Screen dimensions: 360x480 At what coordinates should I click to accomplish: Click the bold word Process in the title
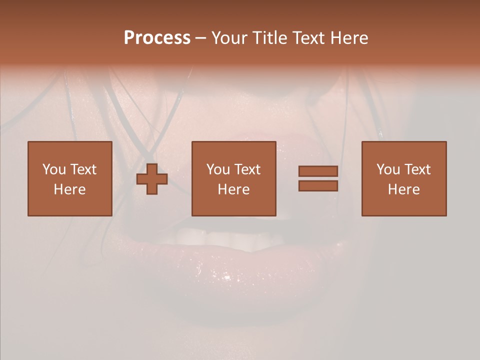click(157, 38)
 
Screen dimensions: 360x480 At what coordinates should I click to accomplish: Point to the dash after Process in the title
click(200, 38)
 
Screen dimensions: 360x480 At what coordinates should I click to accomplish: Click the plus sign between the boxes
click(152, 179)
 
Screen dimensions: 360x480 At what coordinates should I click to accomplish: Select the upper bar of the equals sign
click(318, 171)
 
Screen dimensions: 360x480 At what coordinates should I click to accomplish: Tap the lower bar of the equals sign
click(318, 185)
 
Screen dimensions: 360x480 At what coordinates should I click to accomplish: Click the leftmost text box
click(70, 178)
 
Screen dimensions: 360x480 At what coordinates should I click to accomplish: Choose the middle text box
click(234, 178)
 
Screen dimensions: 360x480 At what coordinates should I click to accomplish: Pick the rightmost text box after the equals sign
click(404, 178)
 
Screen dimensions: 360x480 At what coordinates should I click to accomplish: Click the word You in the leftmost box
click(54, 169)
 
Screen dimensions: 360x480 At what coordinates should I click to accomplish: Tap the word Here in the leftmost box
click(70, 189)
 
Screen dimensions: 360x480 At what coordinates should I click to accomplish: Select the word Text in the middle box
click(247, 169)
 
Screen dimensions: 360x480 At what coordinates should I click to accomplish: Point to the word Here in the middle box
click(234, 189)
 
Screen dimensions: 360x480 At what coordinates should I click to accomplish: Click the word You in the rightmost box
click(388, 169)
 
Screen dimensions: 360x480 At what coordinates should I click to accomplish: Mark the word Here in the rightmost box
click(404, 189)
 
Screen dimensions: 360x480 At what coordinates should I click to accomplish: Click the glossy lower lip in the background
click(225, 270)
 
